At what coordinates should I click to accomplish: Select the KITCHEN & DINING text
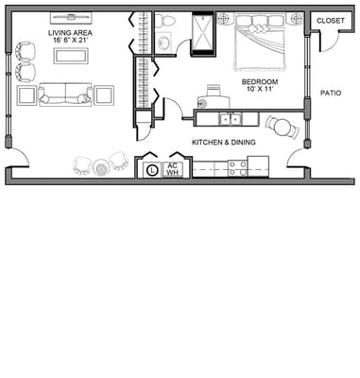[x=225, y=142]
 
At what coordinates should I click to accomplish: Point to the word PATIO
[x=331, y=94]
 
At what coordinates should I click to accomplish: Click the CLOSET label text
[x=330, y=20]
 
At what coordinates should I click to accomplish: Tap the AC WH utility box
[x=173, y=169]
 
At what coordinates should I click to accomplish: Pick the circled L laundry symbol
[x=152, y=170]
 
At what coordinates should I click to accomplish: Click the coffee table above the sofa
[x=69, y=56]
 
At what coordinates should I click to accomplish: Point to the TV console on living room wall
[x=70, y=16]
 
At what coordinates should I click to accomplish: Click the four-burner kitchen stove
[x=237, y=168]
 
